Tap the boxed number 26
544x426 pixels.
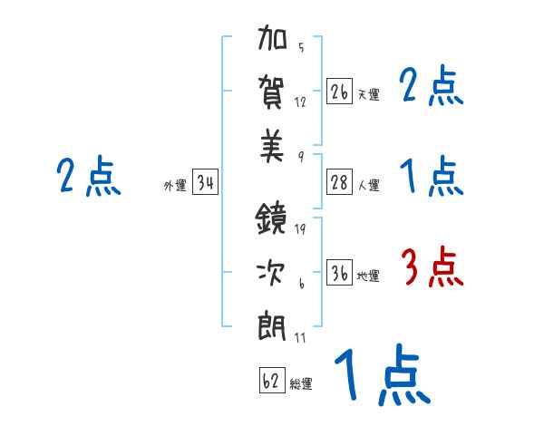(340, 92)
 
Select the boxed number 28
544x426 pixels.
(340, 182)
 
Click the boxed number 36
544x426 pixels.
(340, 274)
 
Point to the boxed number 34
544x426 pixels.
(205, 183)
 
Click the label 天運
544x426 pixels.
(368, 94)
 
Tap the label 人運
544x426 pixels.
(368, 185)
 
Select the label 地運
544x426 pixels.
(368, 276)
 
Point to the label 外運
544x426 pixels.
(175, 186)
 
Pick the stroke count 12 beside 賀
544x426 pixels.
(300, 102)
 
